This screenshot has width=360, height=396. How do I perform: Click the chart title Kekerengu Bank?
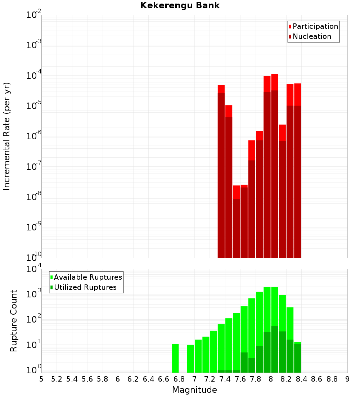pos(180,5)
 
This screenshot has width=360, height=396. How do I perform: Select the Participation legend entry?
pos(315,26)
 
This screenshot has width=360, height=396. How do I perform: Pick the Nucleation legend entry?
pos(311,36)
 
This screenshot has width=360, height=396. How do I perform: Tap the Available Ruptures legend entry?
pos(87,277)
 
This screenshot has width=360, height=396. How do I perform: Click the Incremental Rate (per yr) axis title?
pos(7,136)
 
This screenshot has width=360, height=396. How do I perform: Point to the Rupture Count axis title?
pos(14,321)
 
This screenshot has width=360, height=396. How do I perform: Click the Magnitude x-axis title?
pos(194,390)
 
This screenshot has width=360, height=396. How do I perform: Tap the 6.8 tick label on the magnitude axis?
pos(179,379)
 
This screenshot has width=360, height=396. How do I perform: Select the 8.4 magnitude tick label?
pos(301,379)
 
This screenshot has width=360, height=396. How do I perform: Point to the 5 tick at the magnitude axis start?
pos(41,379)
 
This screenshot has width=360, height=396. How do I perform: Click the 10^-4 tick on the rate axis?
pos(34,76)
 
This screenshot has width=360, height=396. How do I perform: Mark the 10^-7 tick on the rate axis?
pos(34,167)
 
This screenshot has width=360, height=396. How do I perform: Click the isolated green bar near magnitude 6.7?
pos(175,358)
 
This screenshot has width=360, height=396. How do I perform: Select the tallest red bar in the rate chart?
pos(275,166)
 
